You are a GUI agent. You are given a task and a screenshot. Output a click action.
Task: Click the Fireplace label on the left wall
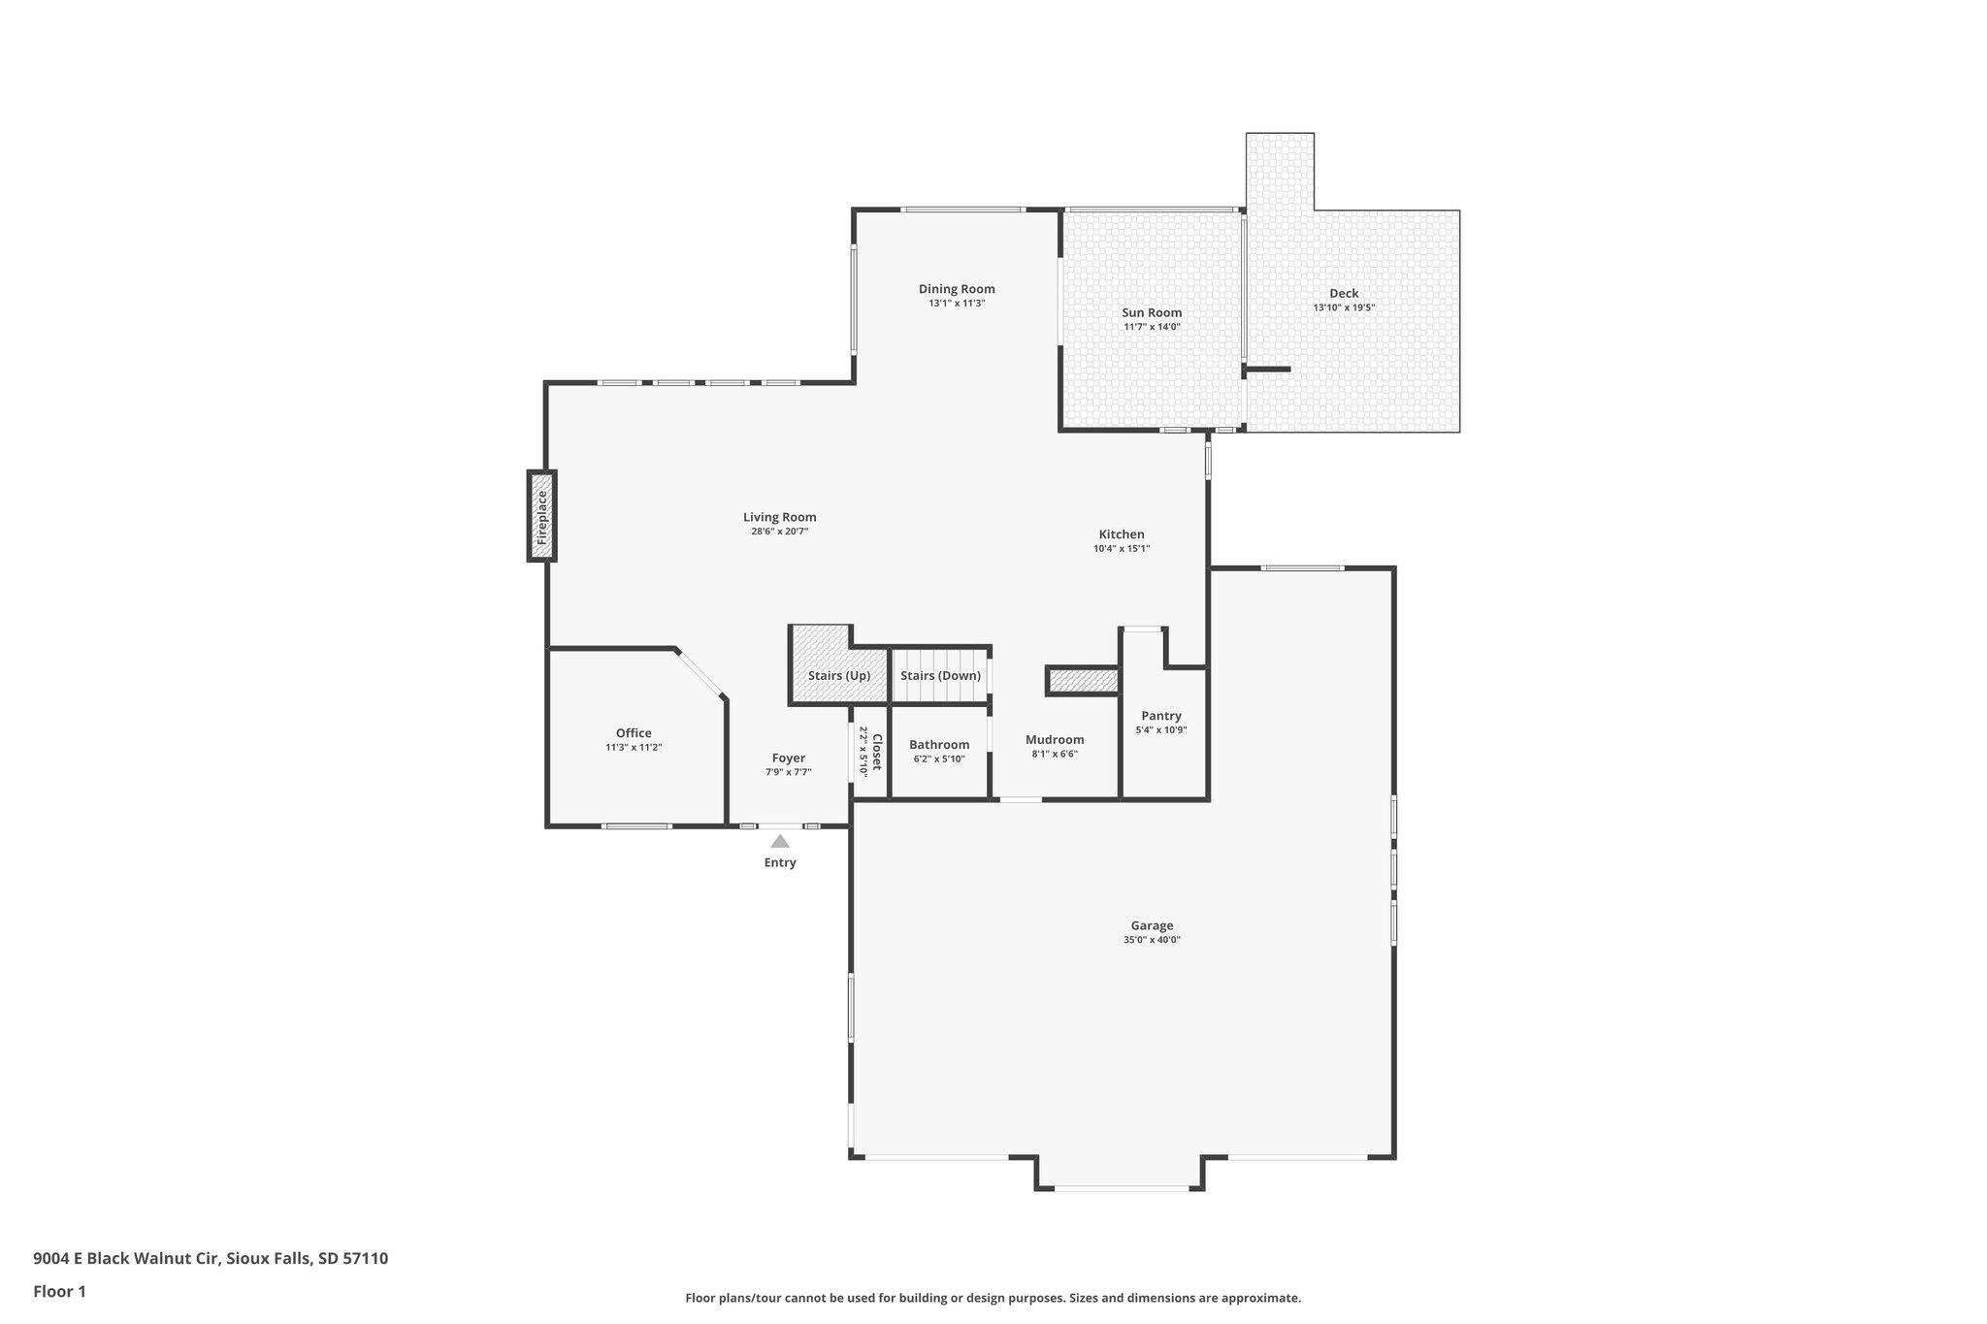542,516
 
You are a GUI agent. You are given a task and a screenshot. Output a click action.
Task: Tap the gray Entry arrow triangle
780,841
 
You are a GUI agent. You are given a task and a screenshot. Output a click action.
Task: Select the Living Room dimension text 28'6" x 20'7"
780,532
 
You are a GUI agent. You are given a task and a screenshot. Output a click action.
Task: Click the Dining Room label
957,289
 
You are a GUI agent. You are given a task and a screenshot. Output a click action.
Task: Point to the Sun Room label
1152,312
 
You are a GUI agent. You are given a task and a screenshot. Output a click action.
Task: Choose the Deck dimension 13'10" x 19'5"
1345,307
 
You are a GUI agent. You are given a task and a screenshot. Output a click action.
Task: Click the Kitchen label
1122,534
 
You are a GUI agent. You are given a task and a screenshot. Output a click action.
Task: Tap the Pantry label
1161,716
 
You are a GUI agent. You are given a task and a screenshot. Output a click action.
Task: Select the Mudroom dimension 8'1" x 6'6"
1055,754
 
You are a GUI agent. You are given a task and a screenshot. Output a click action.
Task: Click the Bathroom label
939,745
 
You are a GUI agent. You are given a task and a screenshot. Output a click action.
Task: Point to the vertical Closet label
877,753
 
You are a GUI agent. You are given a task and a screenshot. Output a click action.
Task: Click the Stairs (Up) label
839,675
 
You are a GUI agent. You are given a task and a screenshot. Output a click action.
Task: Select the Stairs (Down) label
940,675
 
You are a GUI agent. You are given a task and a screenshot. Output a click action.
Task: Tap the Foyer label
789,759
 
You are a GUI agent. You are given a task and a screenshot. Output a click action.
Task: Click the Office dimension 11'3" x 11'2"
634,747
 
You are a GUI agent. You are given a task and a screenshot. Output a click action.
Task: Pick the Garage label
1152,925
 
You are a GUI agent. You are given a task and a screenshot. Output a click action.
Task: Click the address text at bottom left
211,1258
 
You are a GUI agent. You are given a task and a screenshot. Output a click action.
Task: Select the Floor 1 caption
60,1291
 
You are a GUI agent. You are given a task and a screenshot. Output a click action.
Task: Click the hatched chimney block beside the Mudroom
1083,681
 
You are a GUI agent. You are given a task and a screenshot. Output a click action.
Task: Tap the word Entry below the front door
780,862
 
